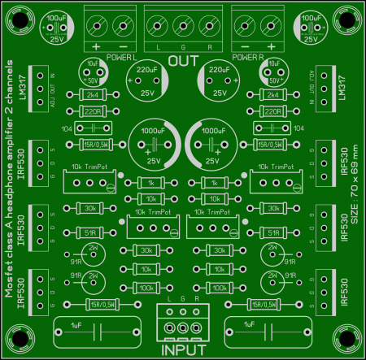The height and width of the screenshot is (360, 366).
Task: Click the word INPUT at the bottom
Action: (182, 350)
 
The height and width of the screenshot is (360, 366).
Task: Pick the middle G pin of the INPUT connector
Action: (182, 327)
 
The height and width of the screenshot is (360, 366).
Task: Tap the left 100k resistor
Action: (146, 287)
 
